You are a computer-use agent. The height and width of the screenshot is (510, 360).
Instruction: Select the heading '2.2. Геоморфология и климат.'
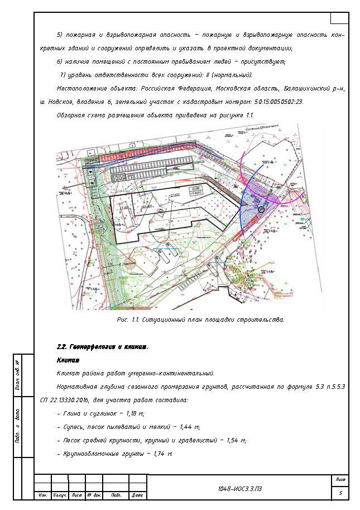click(103, 347)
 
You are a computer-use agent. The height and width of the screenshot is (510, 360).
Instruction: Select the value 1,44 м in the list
click(189, 427)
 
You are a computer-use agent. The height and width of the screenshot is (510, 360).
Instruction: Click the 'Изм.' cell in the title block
click(42, 495)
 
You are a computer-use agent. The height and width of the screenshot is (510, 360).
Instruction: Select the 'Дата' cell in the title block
click(137, 495)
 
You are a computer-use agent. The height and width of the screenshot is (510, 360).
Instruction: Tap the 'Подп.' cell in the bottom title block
click(117, 495)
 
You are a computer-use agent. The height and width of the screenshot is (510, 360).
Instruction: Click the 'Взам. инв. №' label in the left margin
click(18, 373)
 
